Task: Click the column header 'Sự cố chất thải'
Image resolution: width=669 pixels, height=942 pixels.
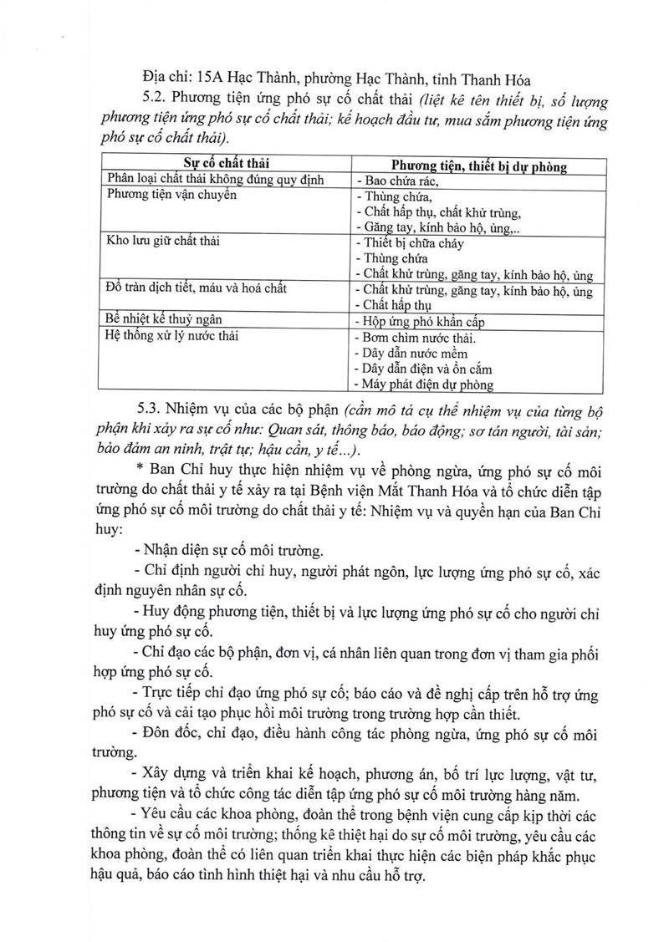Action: click(222, 165)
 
